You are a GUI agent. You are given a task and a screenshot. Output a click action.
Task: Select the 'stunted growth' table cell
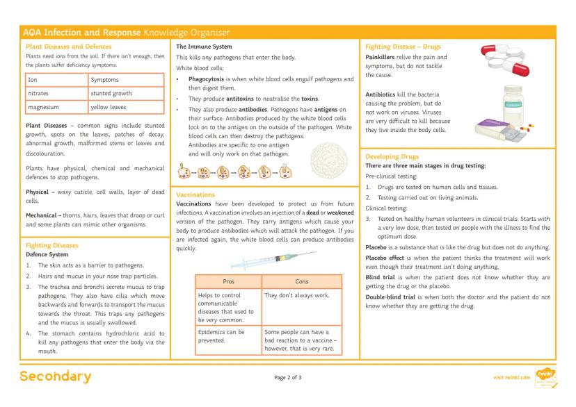point(112,94)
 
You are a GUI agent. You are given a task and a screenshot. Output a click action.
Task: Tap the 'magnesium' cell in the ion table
point(44,107)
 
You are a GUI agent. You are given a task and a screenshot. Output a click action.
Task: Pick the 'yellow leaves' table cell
point(109,107)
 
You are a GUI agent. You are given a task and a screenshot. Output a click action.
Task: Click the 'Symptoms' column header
point(105,80)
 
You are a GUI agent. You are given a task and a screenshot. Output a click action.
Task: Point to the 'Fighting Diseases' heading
point(52,245)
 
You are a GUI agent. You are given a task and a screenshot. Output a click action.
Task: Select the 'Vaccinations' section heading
point(195,195)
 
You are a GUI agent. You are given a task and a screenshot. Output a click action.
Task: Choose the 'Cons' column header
point(301,282)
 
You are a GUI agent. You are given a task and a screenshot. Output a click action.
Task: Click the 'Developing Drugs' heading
point(392,157)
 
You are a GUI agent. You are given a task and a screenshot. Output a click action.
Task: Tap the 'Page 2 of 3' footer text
point(288,378)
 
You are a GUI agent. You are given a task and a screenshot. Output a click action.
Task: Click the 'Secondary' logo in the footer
point(55,377)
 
